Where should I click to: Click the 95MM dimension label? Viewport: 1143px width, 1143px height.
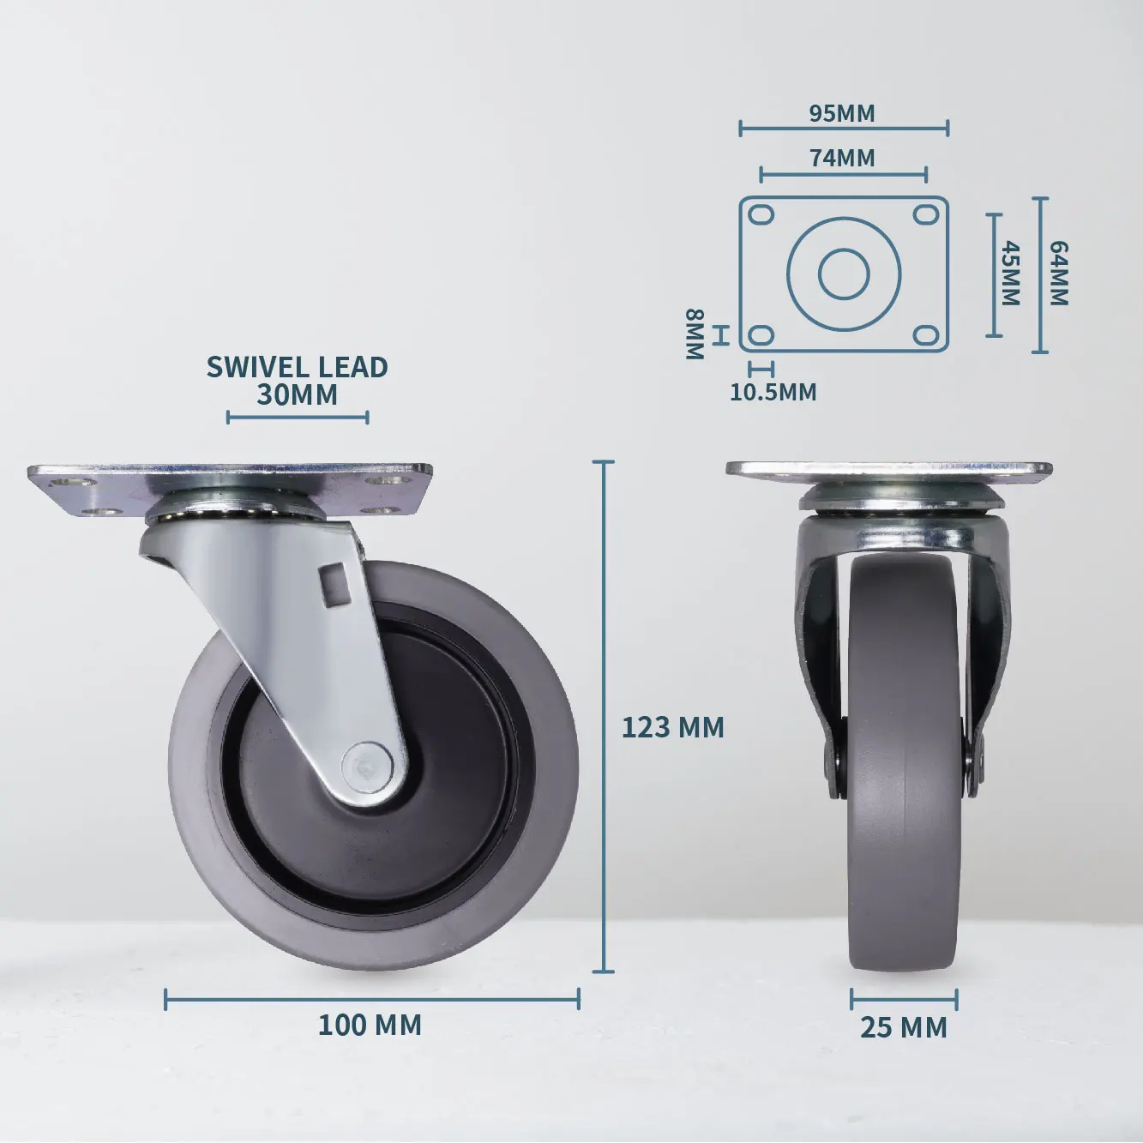pos(842,113)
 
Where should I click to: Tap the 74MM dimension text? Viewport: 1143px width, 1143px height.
pos(842,158)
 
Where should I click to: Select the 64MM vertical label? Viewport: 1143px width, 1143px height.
pos(1059,274)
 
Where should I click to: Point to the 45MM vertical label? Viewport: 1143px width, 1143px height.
pos(1011,274)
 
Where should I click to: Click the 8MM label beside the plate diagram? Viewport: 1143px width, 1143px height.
pos(694,334)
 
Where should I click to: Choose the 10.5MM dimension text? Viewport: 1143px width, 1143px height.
pos(773,392)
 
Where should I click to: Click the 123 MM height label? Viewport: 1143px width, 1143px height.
pos(672,727)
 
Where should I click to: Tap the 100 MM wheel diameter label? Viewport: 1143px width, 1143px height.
pos(370,1025)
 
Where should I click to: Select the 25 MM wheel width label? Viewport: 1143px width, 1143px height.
pos(904,1027)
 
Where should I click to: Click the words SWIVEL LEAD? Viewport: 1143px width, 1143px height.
pos(297,367)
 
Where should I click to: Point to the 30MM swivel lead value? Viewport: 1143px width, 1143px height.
pos(297,395)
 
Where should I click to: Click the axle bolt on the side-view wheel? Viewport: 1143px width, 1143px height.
pos(367,762)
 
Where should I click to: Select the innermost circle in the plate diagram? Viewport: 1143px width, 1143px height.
pos(844,274)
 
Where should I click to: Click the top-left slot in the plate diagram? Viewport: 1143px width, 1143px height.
pos(761,214)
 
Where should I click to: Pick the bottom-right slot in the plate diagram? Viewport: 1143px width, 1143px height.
pos(925,334)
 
